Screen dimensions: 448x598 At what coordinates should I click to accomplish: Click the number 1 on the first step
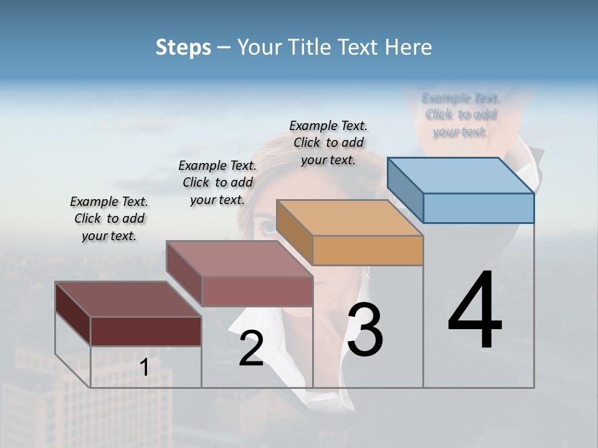[x=144, y=367]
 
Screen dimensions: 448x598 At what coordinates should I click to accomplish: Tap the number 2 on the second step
[x=251, y=348]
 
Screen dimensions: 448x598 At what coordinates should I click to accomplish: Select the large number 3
[x=365, y=330]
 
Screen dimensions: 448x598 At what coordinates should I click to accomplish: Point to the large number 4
[x=475, y=311]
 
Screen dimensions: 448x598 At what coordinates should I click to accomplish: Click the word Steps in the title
[x=183, y=47]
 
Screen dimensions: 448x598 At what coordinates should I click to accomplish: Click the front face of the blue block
[x=478, y=208]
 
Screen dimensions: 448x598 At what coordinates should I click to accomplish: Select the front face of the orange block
[x=368, y=250]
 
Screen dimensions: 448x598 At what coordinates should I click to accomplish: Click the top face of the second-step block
[x=239, y=259]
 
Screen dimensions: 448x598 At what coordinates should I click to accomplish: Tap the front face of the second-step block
[x=257, y=291]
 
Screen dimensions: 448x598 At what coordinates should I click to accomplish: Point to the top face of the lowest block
[x=128, y=299]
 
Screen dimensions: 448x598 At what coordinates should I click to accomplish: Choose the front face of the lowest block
[x=146, y=331]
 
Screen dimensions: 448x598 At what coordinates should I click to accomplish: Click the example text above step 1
[x=109, y=218]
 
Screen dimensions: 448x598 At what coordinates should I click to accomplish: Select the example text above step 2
[x=217, y=182]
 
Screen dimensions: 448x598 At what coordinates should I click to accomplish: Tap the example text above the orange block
[x=328, y=142]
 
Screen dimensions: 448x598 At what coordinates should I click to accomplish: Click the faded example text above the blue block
[x=461, y=114]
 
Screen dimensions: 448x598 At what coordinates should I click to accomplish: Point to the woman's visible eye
[x=267, y=227]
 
